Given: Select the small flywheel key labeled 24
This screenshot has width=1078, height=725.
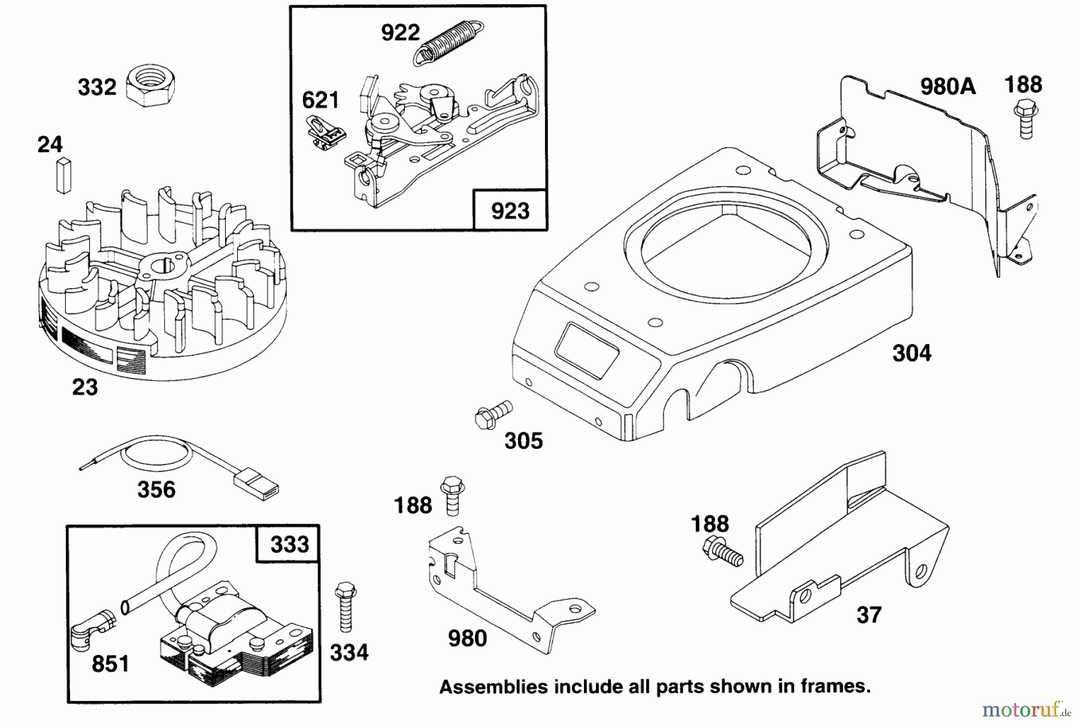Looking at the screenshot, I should pos(63,176).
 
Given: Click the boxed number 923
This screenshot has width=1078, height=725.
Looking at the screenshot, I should pos(510,211).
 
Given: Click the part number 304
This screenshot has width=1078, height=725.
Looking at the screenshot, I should pos(912,353).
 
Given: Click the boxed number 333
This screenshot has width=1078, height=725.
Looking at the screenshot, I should pos(289,544).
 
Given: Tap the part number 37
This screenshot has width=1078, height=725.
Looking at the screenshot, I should pos(868,615).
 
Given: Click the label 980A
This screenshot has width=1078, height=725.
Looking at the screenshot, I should pos(947,87).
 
